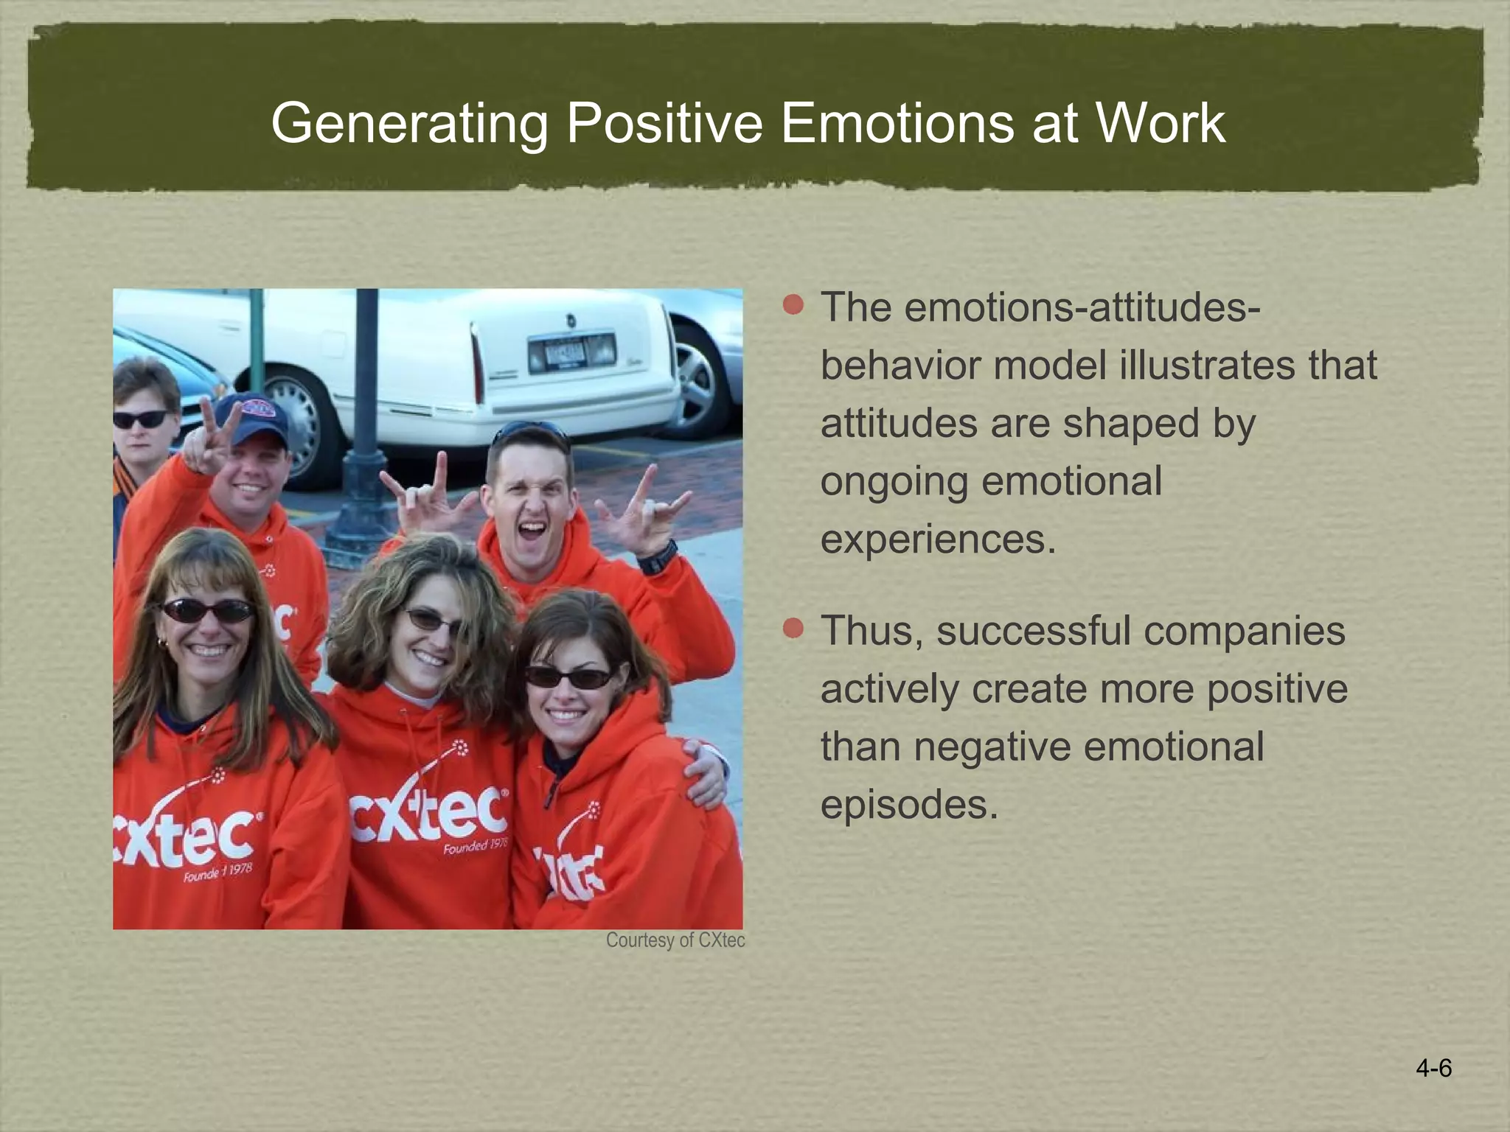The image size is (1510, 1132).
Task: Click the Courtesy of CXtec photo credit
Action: tap(675, 940)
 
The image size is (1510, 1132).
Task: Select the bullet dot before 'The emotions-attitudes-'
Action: tap(793, 304)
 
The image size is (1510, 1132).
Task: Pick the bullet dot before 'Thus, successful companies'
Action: tap(793, 629)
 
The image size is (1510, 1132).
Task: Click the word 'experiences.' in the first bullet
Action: tap(938, 539)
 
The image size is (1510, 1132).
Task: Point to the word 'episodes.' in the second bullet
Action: tap(908, 804)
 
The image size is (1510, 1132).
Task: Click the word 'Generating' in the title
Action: tap(410, 123)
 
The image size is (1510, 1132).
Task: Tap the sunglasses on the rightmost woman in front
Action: tap(568, 677)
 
